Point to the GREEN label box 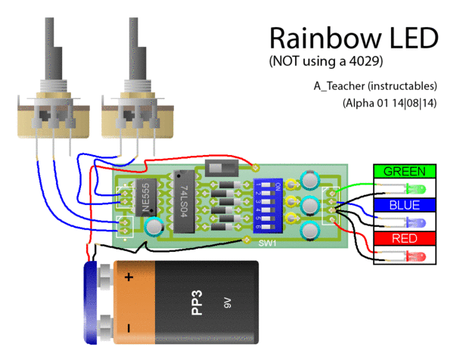(x=405, y=171)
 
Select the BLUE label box (x=405, y=205)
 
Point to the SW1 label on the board (x=267, y=244)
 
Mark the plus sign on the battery (x=129, y=278)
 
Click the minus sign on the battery (x=129, y=328)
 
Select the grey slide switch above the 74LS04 (x=222, y=167)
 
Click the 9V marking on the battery (x=227, y=304)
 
